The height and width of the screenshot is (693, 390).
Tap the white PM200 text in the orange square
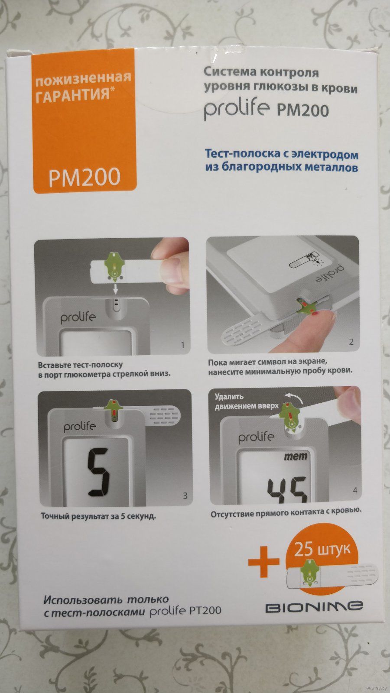tap(84, 177)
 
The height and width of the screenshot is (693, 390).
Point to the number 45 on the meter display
tap(288, 489)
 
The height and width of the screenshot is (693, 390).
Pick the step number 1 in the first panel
tap(182, 345)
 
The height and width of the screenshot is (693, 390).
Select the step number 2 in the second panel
tap(351, 342)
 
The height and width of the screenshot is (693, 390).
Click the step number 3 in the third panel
tap(185, 496)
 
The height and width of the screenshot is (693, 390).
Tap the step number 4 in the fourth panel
tap(355, 490)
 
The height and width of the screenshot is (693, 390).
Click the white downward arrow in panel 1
tap(115, 289)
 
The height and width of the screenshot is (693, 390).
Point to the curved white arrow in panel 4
tap(294, 397)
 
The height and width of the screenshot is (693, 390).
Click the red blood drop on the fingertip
tap(315, 314)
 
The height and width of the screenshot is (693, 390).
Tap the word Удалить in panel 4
tap(229, 396)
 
